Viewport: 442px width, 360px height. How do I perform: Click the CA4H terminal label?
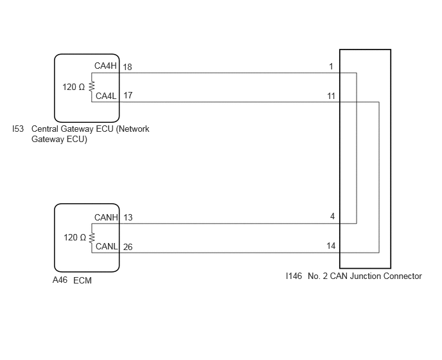click(105, 66)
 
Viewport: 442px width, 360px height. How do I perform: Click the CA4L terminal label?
click(106, 96)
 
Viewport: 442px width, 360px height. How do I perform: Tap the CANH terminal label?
click(106, 217)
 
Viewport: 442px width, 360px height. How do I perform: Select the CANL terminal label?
click(107, 246)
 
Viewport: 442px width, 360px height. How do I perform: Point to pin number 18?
click(127, 67)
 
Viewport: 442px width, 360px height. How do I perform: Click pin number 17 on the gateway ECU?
click(128, 95)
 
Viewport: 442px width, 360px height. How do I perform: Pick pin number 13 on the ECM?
click(128, 217)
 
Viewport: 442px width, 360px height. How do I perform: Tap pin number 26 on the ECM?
click(128, 247)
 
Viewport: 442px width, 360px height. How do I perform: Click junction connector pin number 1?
click(331, 66)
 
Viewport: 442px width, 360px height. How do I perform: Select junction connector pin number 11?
click(331, 96)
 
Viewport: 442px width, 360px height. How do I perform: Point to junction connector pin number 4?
click(332, 217)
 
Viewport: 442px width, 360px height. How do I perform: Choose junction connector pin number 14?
click(331, 246)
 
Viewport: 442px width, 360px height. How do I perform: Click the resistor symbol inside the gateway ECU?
click(92, 87)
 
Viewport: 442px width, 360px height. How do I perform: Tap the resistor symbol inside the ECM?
click(92, 238)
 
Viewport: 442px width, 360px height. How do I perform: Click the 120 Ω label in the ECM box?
click(75, 238)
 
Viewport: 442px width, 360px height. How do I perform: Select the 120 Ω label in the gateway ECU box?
click(74, 87)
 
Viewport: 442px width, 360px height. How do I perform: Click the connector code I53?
click(18, 129)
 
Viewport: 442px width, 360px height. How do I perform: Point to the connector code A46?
click(60, 280)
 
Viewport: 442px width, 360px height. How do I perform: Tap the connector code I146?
click(294, 276)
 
